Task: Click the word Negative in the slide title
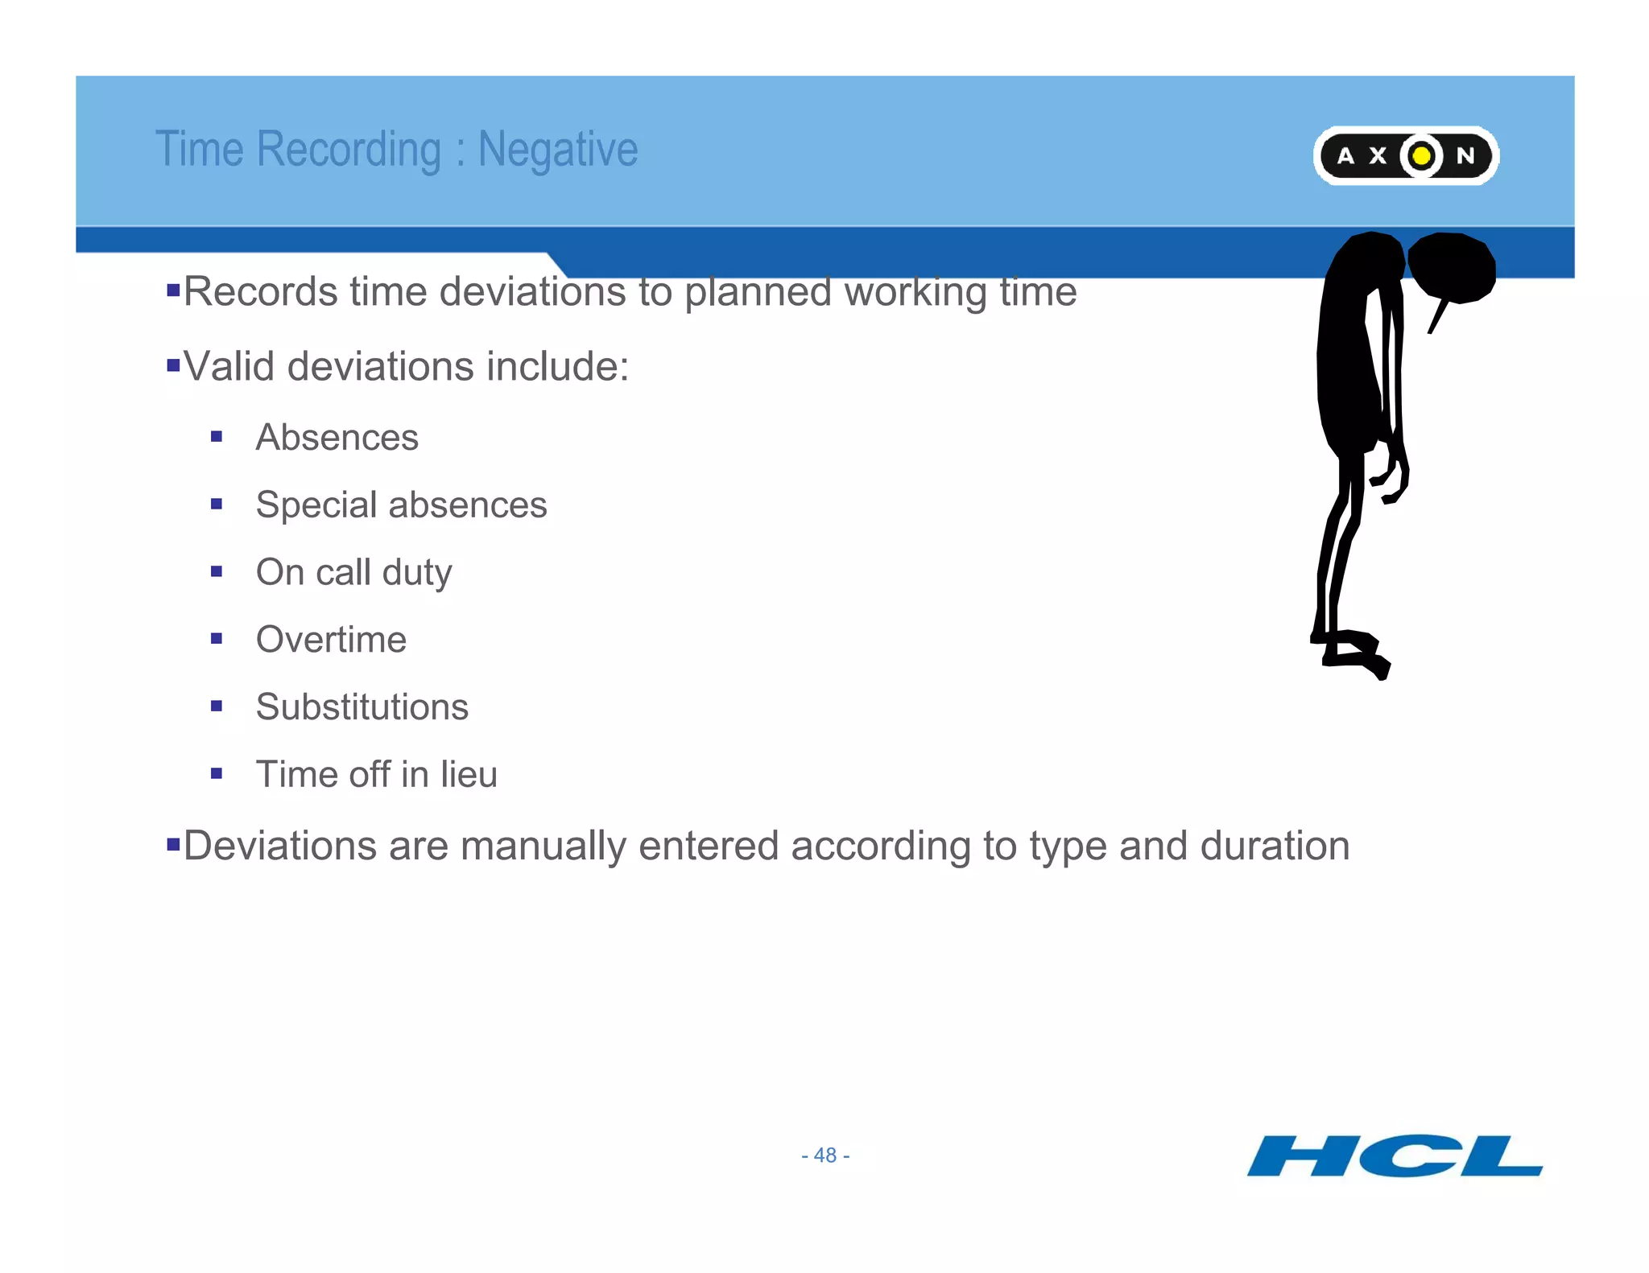[557, 150]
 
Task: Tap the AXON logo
[1405, 155]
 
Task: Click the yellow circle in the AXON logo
[1422, 155]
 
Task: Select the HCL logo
[1395, 1156]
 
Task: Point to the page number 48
[825, 1156]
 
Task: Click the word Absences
[337, 438]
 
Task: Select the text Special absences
[401, 505]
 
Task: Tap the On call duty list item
[353, 573]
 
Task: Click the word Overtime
[331, 640]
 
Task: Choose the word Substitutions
[362, 707]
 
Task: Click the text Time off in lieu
[376, 775]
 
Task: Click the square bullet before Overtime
[216, 639]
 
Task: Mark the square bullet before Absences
[216, 437]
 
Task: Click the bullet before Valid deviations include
[172, 366]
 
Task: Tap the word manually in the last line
[542, 847]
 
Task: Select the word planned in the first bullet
[757, 292]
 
